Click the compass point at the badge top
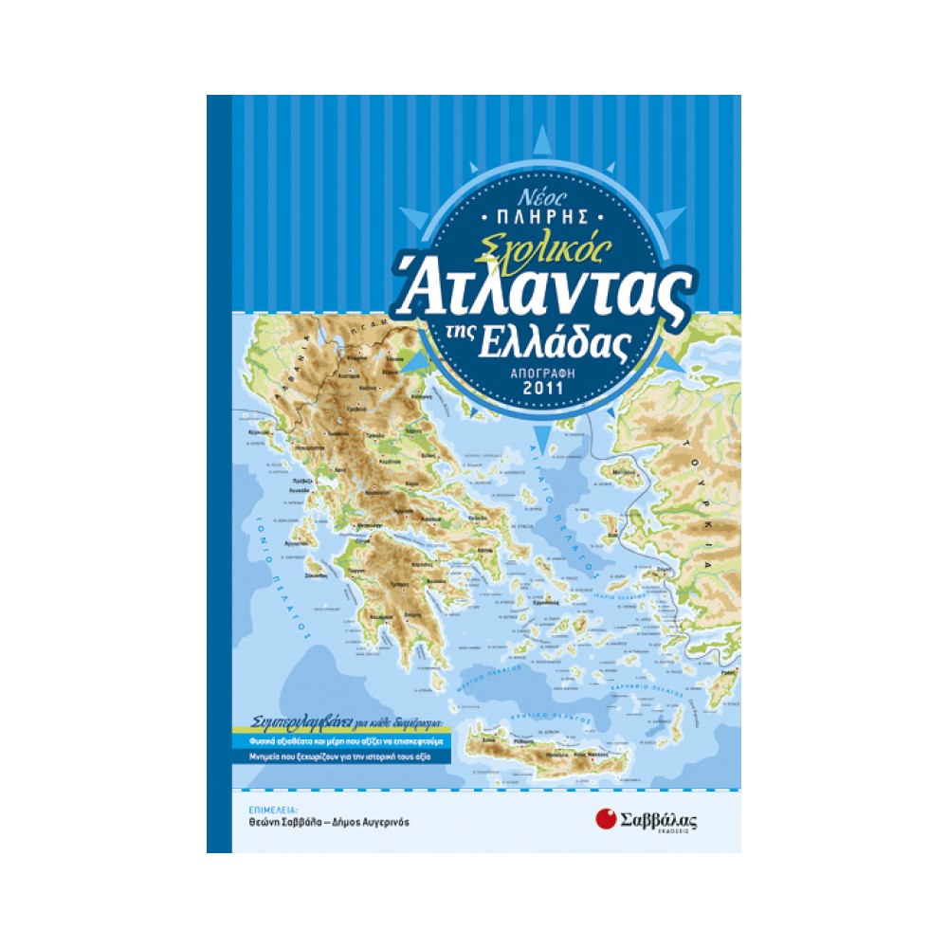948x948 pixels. (x=545, y=142)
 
